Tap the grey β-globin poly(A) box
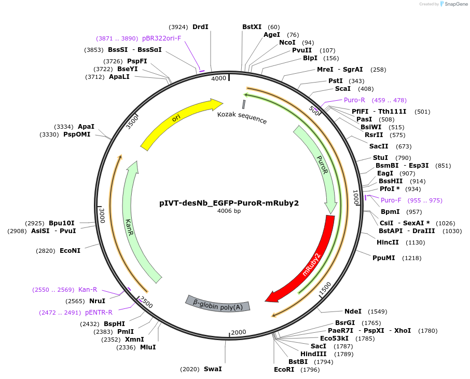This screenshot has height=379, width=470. point(218,304)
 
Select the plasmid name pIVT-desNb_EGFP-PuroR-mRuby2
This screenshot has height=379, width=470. point(229,203)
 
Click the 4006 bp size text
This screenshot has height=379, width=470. point(229,211)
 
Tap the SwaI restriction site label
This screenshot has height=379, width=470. point(213,369)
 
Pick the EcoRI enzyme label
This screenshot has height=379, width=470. point(284,370)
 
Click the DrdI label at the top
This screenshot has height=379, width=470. point(200,26)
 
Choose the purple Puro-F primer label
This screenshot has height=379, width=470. point(391,200)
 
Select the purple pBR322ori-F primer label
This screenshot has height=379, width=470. point(161,38)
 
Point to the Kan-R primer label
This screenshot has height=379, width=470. point(88,290)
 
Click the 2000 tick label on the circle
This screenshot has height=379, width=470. point(239,332)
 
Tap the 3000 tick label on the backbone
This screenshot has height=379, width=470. point(102,215)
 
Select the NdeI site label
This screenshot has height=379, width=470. point(353,311)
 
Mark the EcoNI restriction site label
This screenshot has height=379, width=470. point(70,251)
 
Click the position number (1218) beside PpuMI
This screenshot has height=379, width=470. point(411,258)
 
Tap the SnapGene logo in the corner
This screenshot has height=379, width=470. point(453,4)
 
